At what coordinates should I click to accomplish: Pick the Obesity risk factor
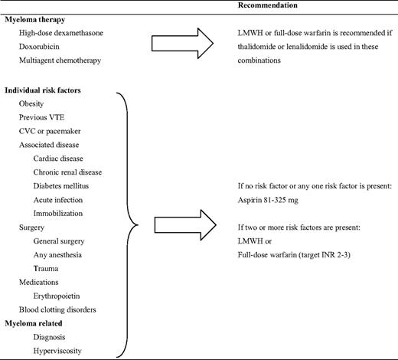(31, 103)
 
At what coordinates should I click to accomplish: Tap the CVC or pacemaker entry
(51, 131)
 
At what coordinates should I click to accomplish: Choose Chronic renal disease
(67, 172)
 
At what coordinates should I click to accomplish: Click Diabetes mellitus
(62, 186)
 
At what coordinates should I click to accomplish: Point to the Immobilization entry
(58, 214)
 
